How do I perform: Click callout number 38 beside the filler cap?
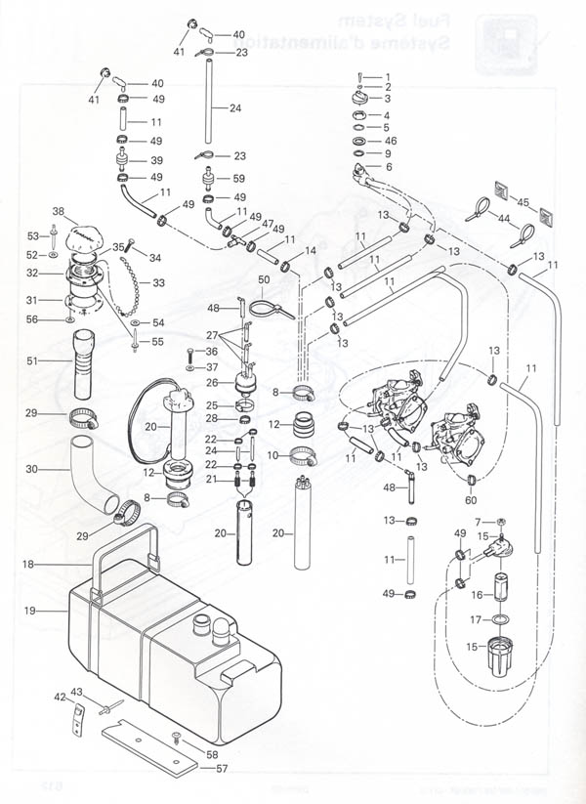(57, 211)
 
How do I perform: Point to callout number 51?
(31, 360)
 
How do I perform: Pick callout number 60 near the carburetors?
(471, 498)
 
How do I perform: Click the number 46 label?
(391, 141)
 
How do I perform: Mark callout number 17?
(473, 618)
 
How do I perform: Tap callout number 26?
(212, 383)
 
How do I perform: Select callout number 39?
(156, 160)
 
